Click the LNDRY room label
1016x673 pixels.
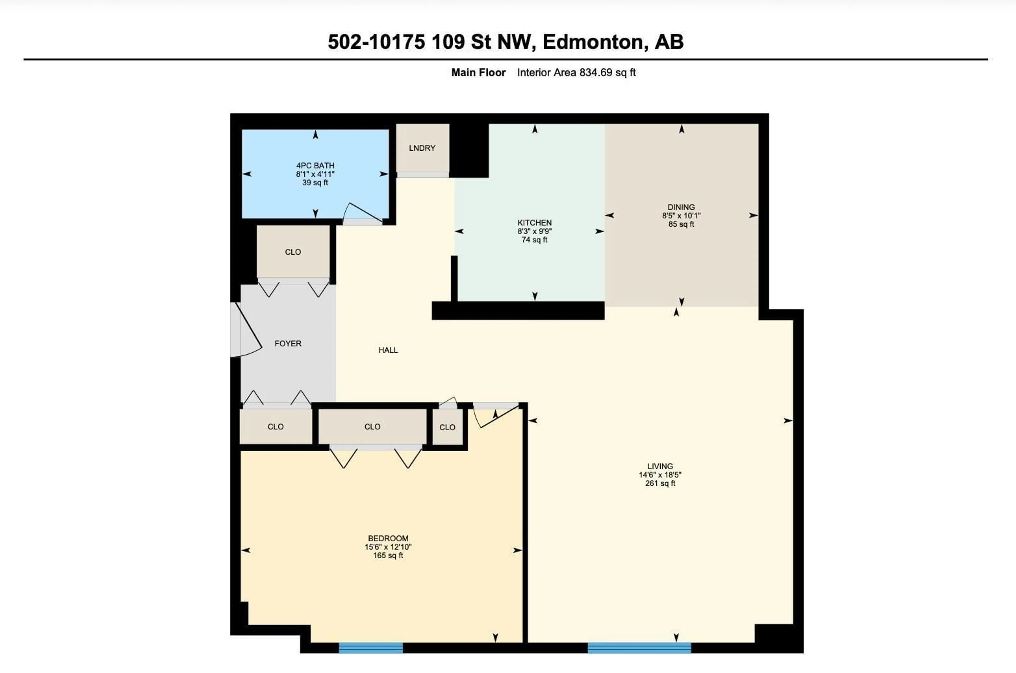tap(422, 148)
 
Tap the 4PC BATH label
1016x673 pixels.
tap(315, 166)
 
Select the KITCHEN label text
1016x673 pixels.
tap(534, 223)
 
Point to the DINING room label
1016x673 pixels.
tap(681, 207)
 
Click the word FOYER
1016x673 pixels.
tap(288, 343)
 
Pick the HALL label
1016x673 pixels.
tap(388, 350)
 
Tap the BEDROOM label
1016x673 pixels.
tap(388, 538)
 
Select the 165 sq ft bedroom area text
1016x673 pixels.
tap(388, 555)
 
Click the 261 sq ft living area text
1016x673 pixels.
tap(660, 483)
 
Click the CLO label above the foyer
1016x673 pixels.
tap(293, 252)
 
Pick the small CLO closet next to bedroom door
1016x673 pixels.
tap(447, 427)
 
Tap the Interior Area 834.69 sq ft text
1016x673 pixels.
tap(576, 72)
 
